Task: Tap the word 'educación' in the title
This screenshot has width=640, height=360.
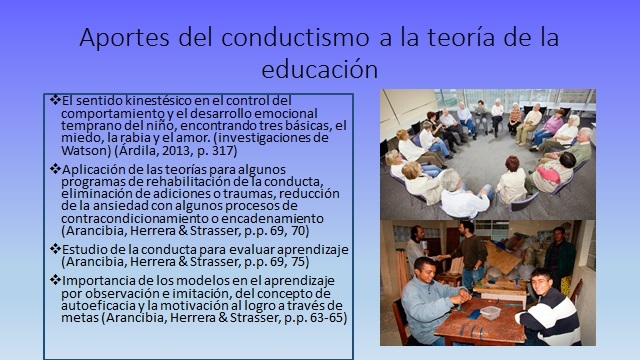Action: (319, 70)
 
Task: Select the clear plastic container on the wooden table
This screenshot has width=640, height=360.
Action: (492, 312)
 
